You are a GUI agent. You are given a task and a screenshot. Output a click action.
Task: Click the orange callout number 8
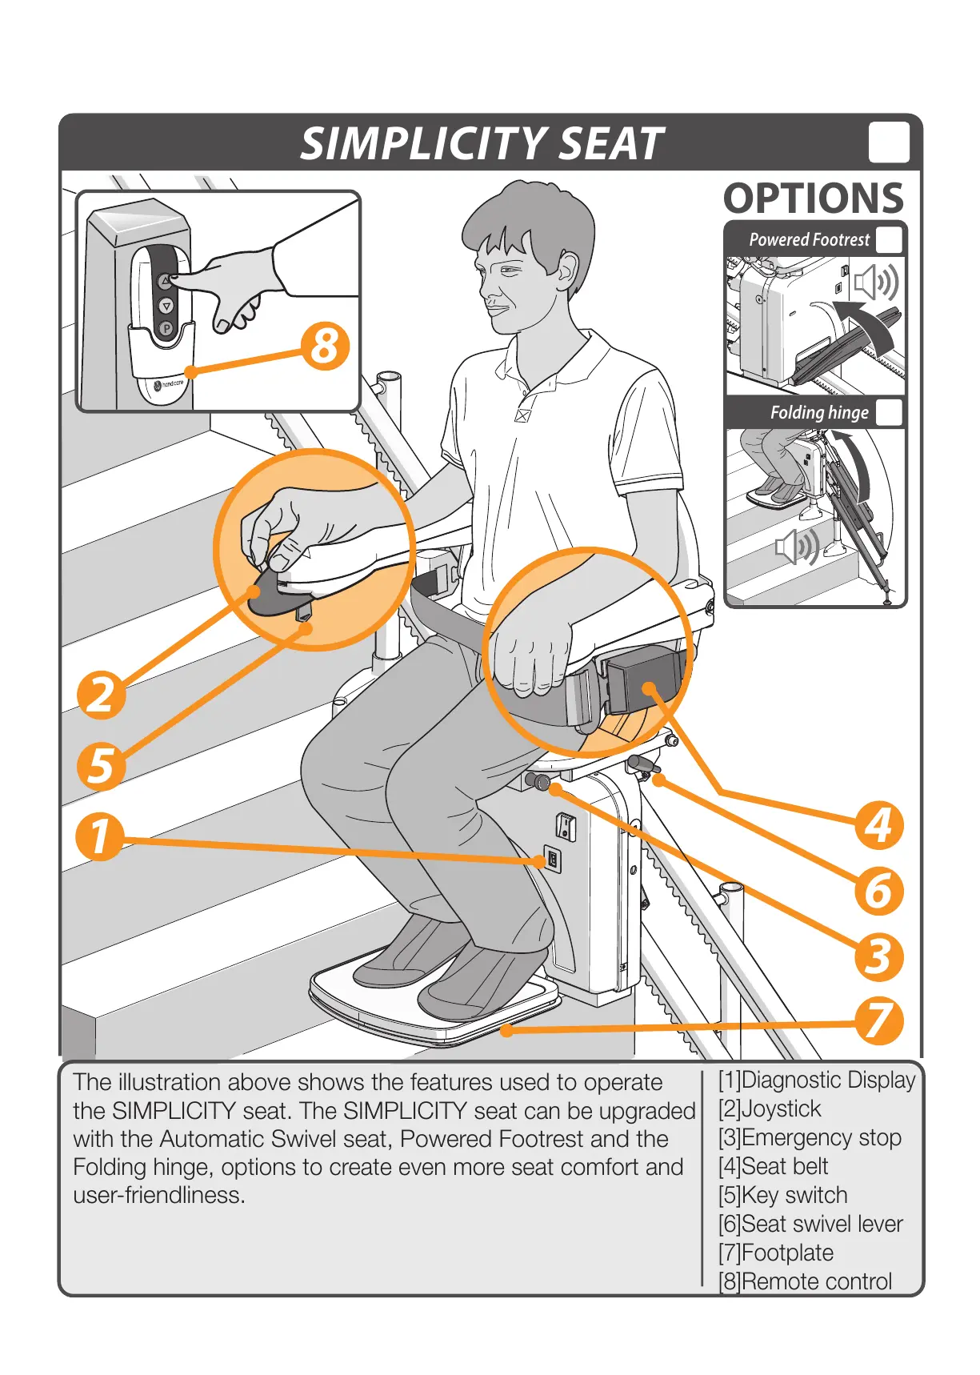pyautogui.click(x=325, y=347)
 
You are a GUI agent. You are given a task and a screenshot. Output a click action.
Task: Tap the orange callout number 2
pyautogui.click(x=101, y=693)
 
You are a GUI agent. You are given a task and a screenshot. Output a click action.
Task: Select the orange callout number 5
pyautogui.click(x=101, y=765)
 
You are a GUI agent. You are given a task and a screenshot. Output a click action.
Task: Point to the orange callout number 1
pyautogui.click(x=99, y=836)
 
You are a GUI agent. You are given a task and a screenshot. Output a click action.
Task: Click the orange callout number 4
pyautogui.click(x=878, y=825)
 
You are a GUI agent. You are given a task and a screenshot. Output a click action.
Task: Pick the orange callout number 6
pyautogui.click(x=878, y=891)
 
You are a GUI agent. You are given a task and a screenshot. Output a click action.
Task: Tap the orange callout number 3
pyautogui.click(x=878, y=956)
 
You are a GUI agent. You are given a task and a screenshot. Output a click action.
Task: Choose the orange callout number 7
pyautogui.click(x=878, y=1020)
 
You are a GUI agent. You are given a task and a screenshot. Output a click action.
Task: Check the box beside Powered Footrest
pyautogui.click(x=889, y=240)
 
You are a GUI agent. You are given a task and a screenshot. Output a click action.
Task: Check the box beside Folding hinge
pyautogui.click(x=889, y=413)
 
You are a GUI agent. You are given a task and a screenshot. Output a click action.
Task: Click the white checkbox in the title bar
pyautogui.click(x=889, y=142)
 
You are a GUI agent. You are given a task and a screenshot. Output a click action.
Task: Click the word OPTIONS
pyautogui.click(x=814, y=198)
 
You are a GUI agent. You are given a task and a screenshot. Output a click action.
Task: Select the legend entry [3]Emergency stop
pyautogui.click(x=810, y=1137)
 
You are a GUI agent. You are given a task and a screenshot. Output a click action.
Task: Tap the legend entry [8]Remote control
pyautogui.click(x=805, y=1281)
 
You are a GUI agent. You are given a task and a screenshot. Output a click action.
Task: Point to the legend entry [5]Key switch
pyautogui.click(x=782, y=1195)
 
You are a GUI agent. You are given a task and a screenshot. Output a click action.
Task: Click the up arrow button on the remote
pyautogui.click(x=165, y=282)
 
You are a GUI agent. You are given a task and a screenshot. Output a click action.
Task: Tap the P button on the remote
pyautogui.click(x=166, y=328)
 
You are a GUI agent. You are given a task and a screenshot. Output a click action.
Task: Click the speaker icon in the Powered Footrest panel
pyautogui.click(x=876, y=283)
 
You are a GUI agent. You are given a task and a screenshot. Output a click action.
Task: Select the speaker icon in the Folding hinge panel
pyautogui.click(x=797, y=547)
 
